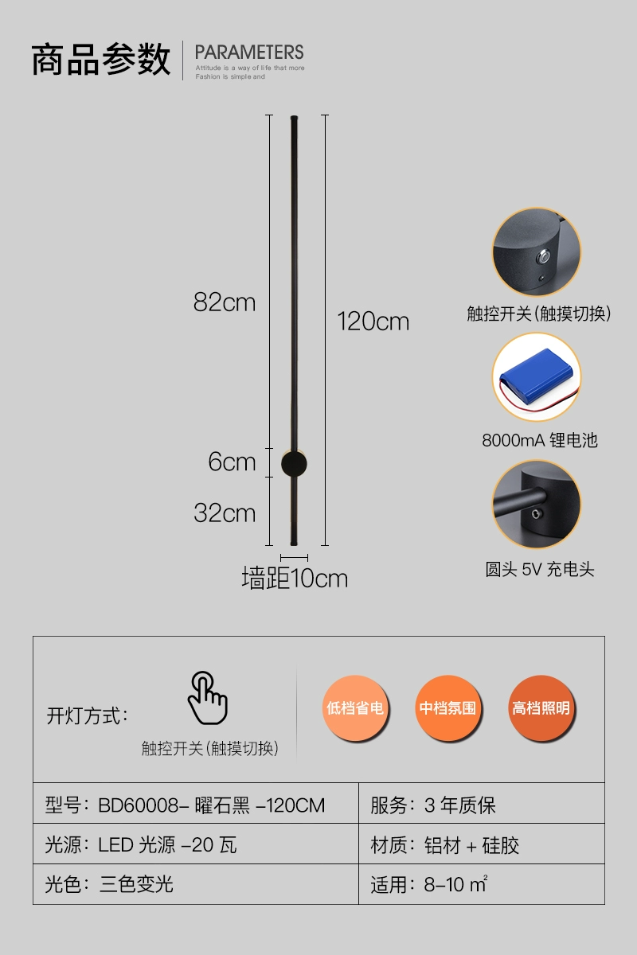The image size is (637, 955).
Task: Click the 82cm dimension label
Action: tap(225, 303)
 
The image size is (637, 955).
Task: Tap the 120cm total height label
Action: tap(373, 322)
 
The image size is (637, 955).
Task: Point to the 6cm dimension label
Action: tap(232, 462)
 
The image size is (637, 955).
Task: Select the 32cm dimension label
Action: tap(225, 513)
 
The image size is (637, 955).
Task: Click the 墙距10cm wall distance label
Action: tap(295, 579)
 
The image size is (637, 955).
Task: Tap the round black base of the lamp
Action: tap(293, 463)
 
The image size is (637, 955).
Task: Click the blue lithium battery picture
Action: tap(535, 377)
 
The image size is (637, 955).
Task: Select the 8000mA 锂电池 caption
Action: tap(539, 440)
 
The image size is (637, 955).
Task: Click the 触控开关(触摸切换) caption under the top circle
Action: tap(538, 314)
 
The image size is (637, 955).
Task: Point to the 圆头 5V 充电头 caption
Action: tap(539, 570)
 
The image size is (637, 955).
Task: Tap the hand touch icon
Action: tap(207, 697)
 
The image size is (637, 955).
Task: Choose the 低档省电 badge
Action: tap(355, 707)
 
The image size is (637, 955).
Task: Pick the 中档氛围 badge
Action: tap(447, 707)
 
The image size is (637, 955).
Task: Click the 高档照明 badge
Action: tap(541, 707)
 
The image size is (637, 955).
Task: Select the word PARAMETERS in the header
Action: tap(249, 53)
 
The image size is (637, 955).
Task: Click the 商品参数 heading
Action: tap(101, 60)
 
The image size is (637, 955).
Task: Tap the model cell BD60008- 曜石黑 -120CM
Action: tap(186, 805)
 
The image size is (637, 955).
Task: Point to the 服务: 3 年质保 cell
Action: tap(433, 805)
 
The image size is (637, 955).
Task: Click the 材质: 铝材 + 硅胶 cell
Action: tap(445, 845)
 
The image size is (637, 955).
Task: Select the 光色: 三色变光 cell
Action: tap(109, 884)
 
